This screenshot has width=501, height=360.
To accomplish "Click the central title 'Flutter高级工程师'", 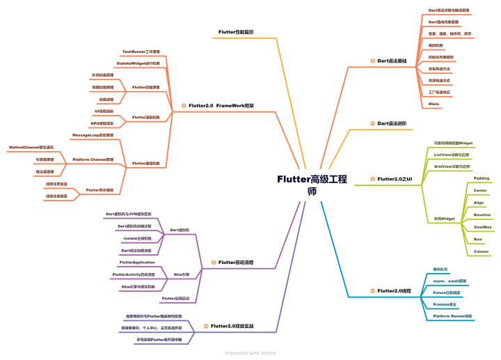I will pos(311,185).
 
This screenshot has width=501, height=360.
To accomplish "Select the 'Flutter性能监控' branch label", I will pos(236,32).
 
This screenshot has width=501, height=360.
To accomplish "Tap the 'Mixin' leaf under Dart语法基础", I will pos(434,103).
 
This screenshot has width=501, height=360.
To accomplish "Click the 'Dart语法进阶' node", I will pos(392,123).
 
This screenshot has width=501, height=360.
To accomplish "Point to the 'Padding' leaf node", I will pos(482,178).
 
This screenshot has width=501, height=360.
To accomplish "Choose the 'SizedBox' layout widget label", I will pos(483,227).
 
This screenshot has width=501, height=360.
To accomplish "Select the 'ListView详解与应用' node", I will pos(452,155).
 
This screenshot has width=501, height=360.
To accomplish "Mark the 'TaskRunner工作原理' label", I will pos(141,52).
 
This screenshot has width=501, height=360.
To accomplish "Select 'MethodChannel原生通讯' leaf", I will pos(32,148).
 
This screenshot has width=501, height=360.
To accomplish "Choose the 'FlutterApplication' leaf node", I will pos(137,263).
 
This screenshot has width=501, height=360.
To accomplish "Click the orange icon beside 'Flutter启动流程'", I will pos(213,263).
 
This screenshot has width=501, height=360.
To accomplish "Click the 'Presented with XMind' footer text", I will pos(250,353).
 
